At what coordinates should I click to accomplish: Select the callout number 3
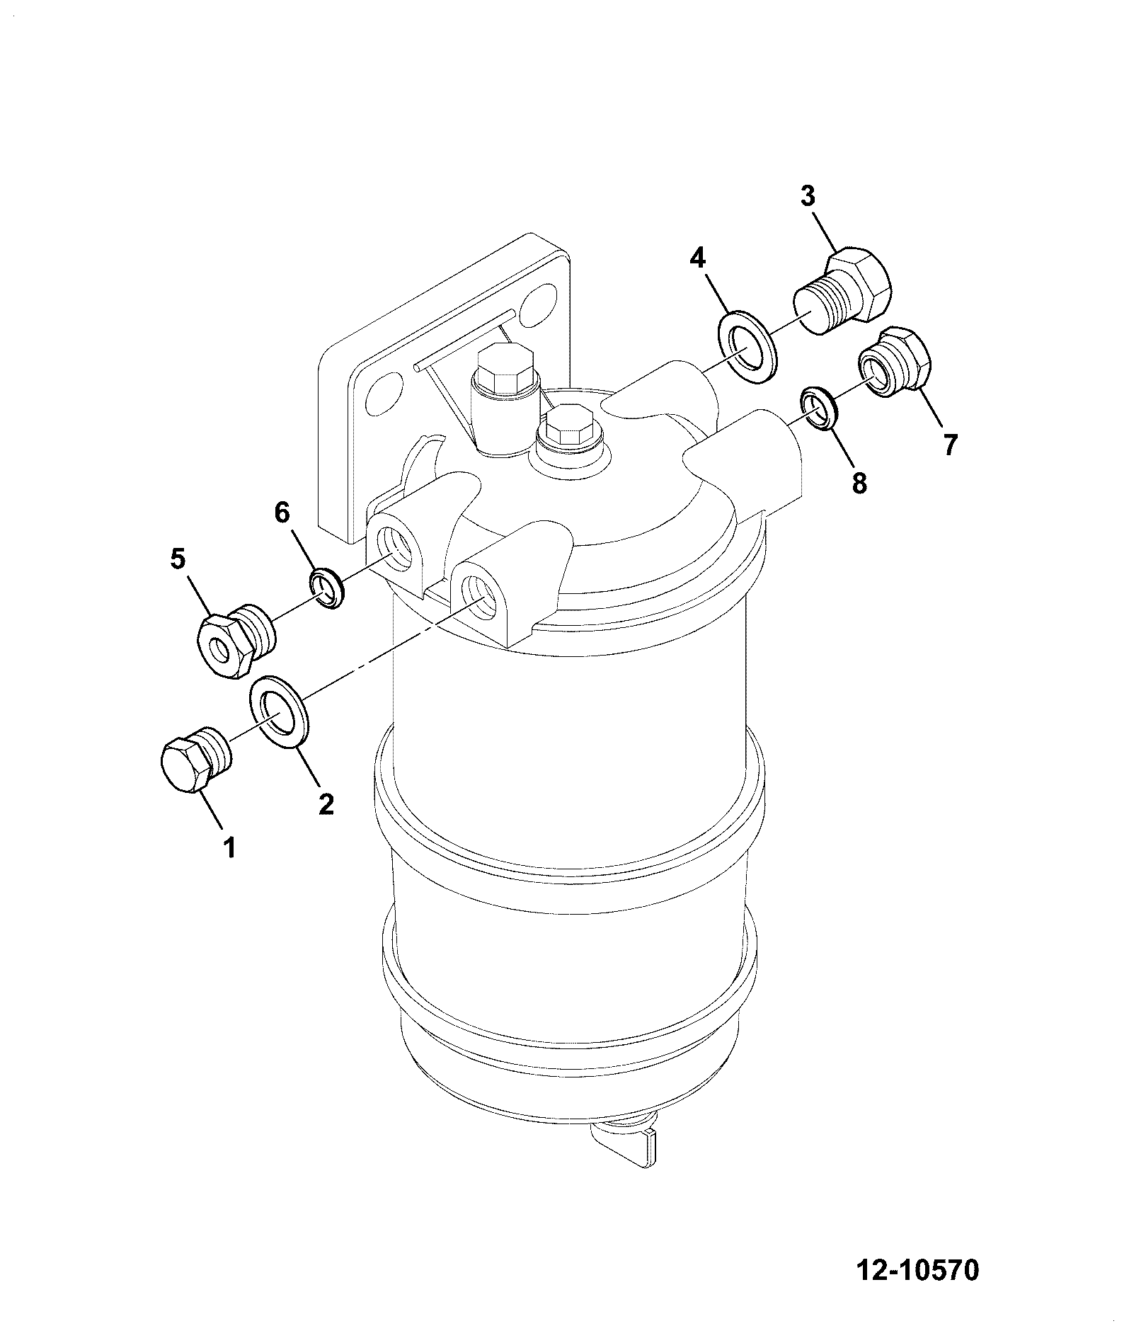[808, 195]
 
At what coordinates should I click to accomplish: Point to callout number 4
[698, 258]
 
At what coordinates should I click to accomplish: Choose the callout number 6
[282, 513]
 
